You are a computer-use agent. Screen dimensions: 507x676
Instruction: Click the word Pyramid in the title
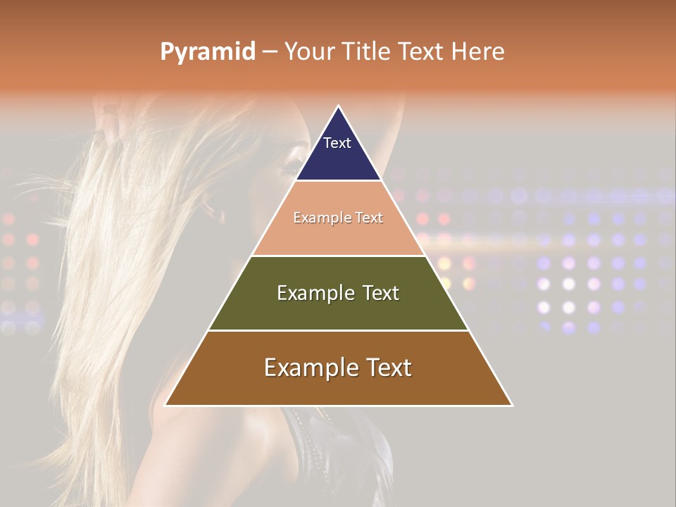[x=207, y=52]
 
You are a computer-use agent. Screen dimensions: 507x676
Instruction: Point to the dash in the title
[x=269, y=52]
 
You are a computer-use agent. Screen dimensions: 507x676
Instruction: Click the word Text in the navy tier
[x=337, y=143]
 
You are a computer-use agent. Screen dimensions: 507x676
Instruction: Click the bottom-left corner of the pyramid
[x=165, y=406]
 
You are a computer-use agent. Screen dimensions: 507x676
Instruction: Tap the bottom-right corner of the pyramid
[x=512, y=406]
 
